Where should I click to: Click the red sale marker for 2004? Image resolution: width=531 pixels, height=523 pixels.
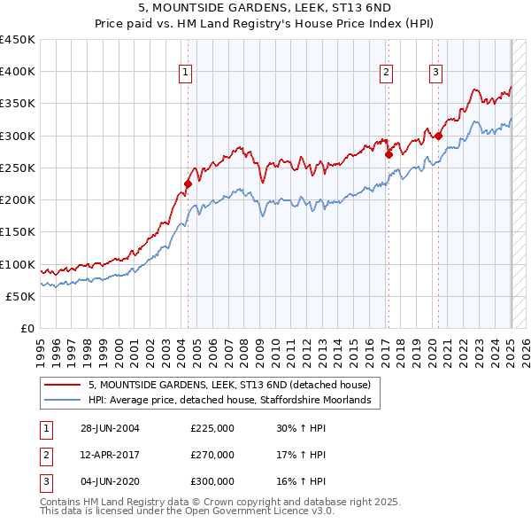[188, 184]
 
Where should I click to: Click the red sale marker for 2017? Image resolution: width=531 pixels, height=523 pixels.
[389, 153]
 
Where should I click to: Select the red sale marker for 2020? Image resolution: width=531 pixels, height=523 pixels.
[438, 136]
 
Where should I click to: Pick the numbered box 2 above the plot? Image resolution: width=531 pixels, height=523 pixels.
[388, 74]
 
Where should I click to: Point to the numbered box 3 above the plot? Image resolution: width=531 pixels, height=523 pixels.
[436, 74]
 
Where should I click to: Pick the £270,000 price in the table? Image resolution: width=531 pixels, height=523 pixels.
[212, 455]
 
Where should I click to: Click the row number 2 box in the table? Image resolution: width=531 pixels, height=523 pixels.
[44, 455]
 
